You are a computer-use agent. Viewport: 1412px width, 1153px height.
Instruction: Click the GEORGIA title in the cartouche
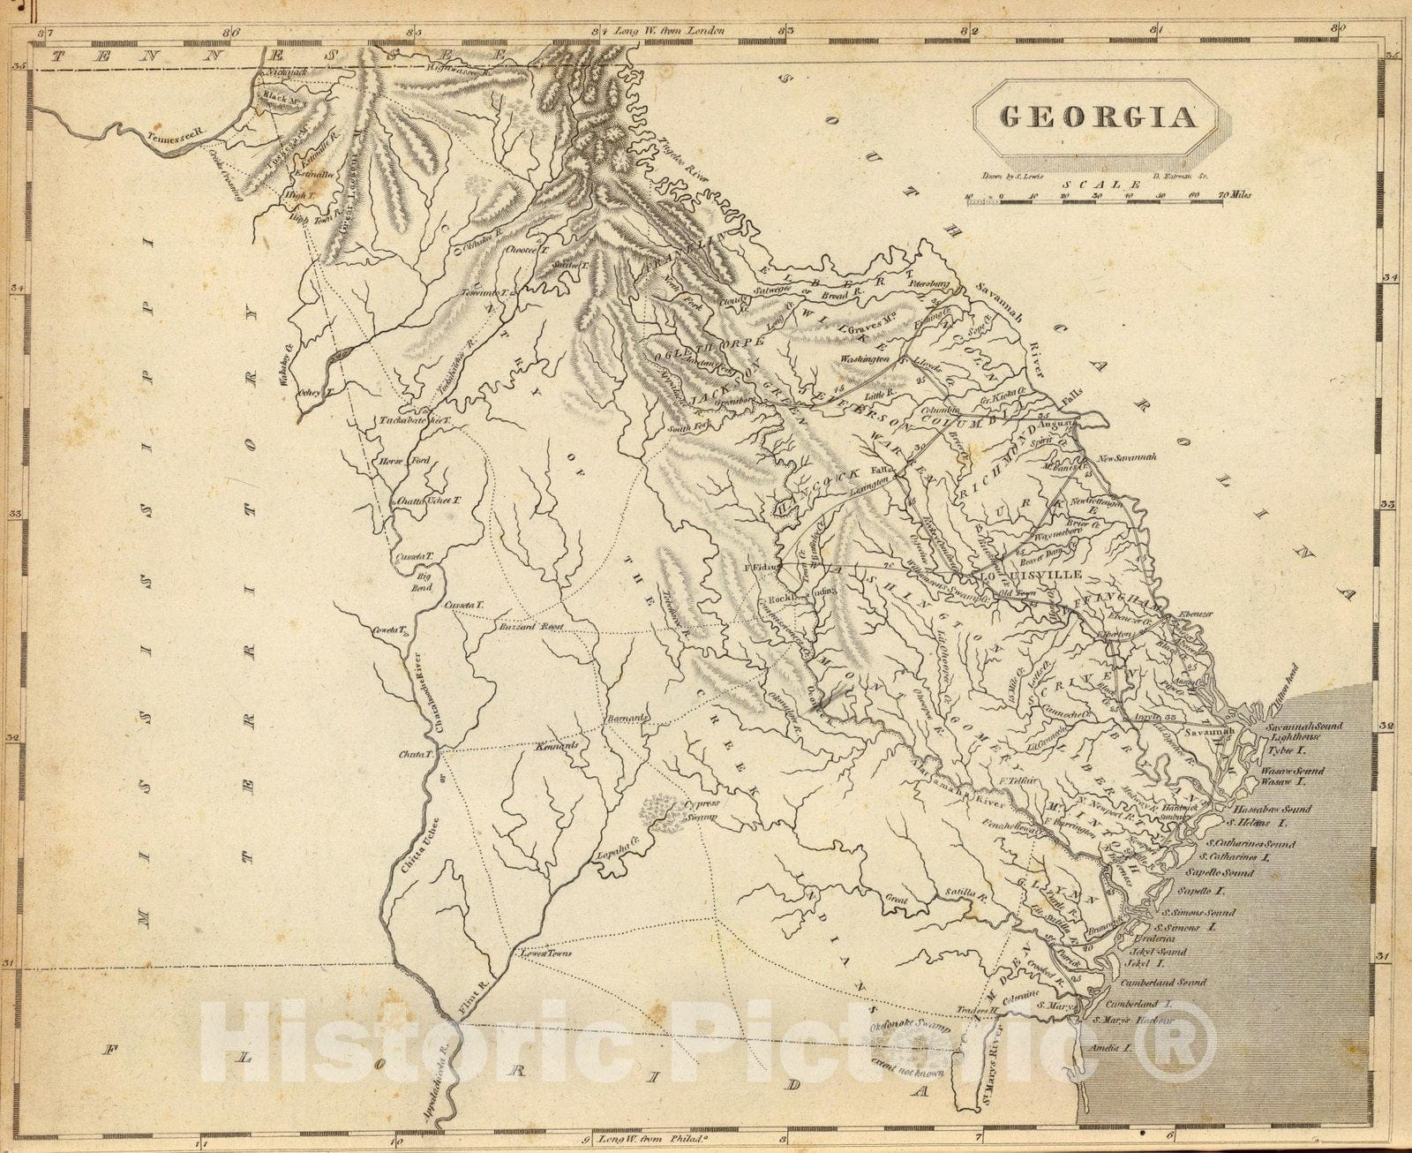(1097, 117)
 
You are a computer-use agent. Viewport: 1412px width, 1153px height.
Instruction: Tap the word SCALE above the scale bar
(1096, 185)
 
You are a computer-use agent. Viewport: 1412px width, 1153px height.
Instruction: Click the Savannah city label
(1206, 733)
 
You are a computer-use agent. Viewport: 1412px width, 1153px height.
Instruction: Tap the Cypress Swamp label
(702, 810)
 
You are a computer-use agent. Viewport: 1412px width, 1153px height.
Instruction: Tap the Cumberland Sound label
(1163, 982)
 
